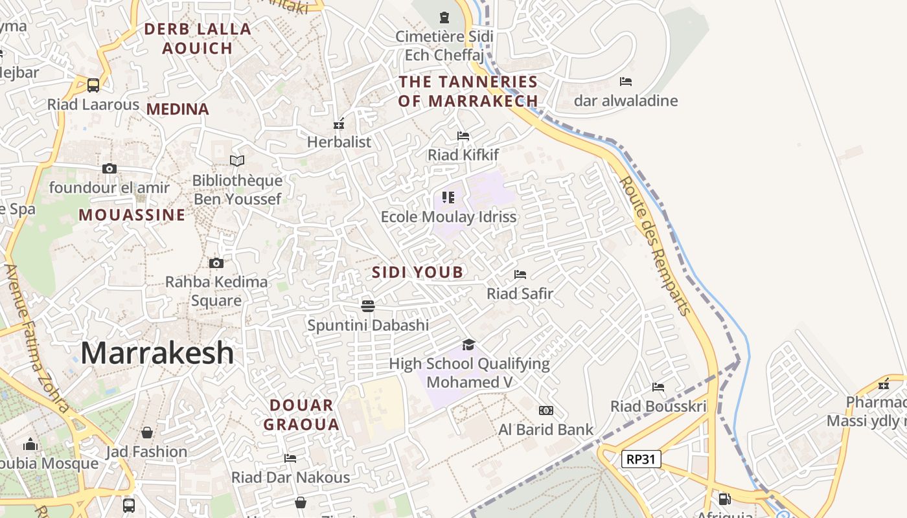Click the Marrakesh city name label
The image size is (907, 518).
coord(157,353)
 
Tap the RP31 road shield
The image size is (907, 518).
coord(641,459)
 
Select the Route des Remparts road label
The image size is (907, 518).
coord(655,245)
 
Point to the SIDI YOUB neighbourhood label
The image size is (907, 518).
coord(418,272)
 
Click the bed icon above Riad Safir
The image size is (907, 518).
coord(520,275)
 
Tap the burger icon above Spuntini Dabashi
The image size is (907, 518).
coord(368,306)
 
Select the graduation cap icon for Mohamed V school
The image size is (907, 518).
coord(468,344)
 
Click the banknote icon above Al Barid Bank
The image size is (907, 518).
coord(546,411)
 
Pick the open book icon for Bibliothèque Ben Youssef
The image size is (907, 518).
coord(237,161)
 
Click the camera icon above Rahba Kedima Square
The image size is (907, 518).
coord(216,263)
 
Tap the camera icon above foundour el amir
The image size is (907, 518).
coord(109,169)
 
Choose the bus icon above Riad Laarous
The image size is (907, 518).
coord(93,85)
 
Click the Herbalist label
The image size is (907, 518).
coord(339,142)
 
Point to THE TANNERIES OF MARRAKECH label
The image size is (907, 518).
coord(468,91)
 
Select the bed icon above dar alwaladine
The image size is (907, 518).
coord(626,82)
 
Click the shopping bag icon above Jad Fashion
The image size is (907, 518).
coord(147,433)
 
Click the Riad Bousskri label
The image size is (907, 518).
coord(658,406)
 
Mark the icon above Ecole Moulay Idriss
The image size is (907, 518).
coord(448,197)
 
